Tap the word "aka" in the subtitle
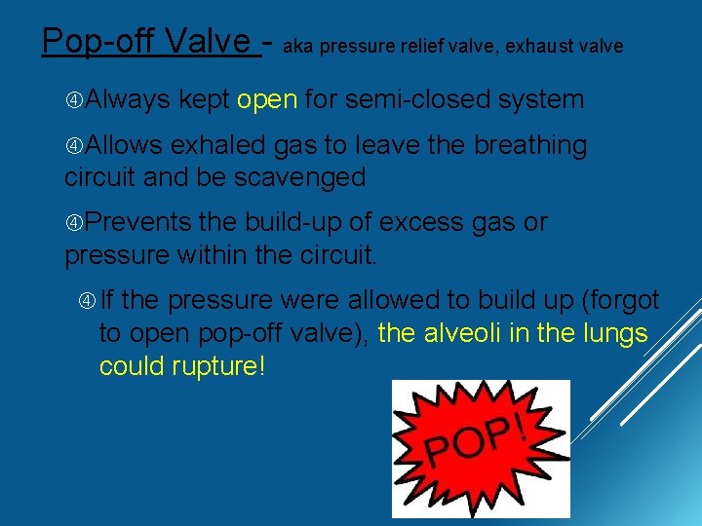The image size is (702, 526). (297, 46)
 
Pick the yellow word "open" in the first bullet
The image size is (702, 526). (267, 99)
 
